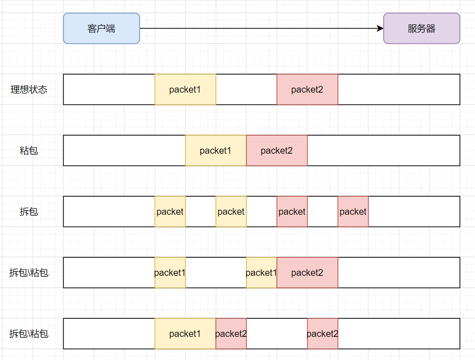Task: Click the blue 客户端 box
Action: coord(101,29)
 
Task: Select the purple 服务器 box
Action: coord(422,29)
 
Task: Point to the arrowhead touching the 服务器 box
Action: coord(380,29)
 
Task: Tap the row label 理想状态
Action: coord(29,89)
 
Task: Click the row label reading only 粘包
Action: coord(29,150)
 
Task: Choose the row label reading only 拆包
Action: coord(29,211)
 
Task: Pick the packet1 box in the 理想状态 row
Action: coord(186,89)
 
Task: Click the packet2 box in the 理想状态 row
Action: coord(308,89)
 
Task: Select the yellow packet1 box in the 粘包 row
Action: coord(216,150)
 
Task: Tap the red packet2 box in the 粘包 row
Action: coord(277,150)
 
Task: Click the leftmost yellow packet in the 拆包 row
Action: coord(170,211)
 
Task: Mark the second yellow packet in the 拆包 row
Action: coord(231,211)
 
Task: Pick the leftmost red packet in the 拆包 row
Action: coord(292,211)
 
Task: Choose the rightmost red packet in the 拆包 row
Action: coord(353,211)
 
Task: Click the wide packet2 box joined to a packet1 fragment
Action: coord(308,273)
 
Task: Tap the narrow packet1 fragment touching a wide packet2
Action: coord(262,273)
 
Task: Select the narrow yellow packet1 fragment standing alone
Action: coord(170,273)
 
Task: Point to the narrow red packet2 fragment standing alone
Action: coord(323,333)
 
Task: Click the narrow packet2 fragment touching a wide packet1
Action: coord(231,333)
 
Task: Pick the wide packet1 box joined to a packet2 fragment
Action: coord(186,333)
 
